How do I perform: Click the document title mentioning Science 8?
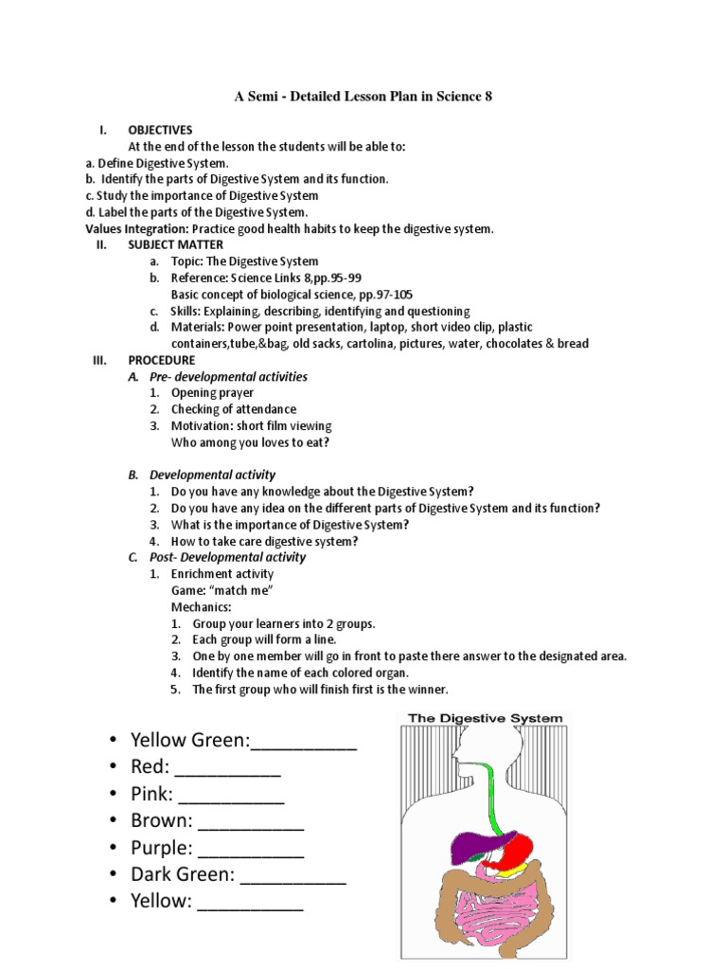point(363,97)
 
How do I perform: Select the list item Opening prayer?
point(212,392)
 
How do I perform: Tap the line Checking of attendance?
point(233,409)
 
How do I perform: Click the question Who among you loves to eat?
point(250,442)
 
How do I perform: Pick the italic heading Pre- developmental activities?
point(228,377)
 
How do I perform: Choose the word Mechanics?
point(201,606)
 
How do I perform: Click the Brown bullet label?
point(162,820)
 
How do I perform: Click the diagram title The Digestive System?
point(485,718)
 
